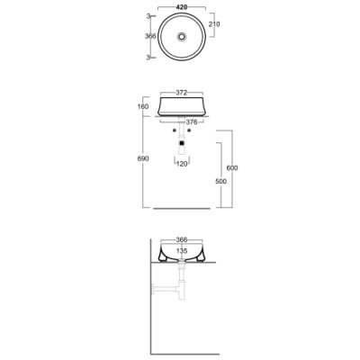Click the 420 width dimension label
coord(182,7)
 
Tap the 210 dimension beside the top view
coord(214,24)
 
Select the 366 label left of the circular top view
coord(150,36)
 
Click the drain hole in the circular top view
coord(182,37)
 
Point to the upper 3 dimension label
coord(148,16)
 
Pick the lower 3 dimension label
coord(148,58)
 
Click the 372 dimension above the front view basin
coord(182,93)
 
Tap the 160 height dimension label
coord(143,106)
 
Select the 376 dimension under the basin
coord(192,122)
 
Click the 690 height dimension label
coord(143,158)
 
